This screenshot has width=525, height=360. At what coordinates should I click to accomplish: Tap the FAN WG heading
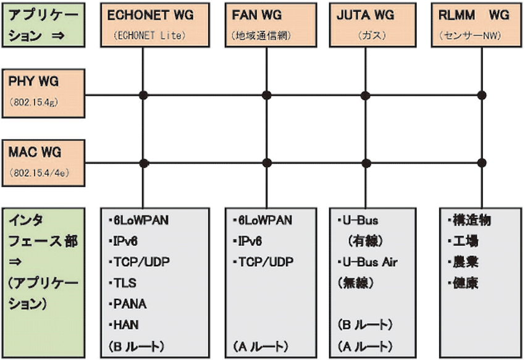[258, 15]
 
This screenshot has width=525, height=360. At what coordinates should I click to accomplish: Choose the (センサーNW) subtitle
[476, 35]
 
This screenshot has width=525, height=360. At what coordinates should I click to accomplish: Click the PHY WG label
[34, 82]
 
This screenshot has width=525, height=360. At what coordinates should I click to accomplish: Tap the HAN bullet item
[125, 324]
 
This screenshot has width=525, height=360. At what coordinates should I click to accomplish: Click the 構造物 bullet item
[464, 220]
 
